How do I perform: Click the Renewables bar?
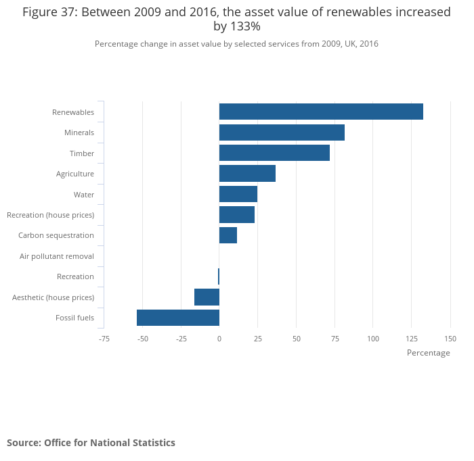(x=321, y=112)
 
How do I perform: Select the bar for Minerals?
(x=282, y=132)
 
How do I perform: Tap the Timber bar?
(x=274, y=153)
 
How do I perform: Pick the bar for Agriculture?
(x=247, y=174)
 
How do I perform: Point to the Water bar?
(x=238, y=194)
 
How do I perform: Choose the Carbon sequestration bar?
(x=228, y=235)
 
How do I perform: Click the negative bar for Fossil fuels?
(x=178, y=318)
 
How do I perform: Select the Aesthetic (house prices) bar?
(x=207, y=297)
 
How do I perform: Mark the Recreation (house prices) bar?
(x=237, y=215)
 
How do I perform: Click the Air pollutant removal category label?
(x=57, y=256)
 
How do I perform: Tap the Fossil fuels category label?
(x=74, y=318)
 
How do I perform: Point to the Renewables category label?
(x=73, y=112)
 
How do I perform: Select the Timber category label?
(x=82, y=153)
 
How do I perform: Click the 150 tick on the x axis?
(x=450, y=338)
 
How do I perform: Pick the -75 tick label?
(x=104, y=338)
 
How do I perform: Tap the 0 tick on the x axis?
(x=219, y=338)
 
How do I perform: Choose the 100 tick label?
(x=373, y=338)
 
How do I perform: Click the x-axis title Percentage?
(x=428, y=353)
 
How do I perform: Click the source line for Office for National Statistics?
(x=91, y=443)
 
